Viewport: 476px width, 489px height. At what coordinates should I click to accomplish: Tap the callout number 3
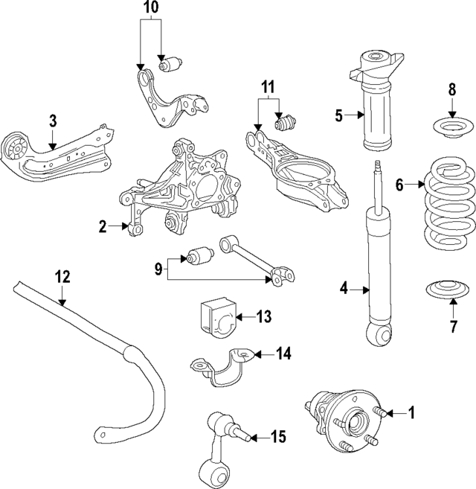pyautogui.click(x=53, y=120)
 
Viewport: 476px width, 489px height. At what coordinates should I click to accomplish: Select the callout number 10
pyautogui.click(x=150, y=9)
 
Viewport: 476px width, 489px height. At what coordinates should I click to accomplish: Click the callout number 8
pyautogui.click(x=451, y=91)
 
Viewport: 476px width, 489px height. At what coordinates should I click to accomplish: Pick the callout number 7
pyautogui.click(x=452, y=325)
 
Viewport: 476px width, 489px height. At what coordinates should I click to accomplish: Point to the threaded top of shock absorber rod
pyautogui.click(x=379, y=168)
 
